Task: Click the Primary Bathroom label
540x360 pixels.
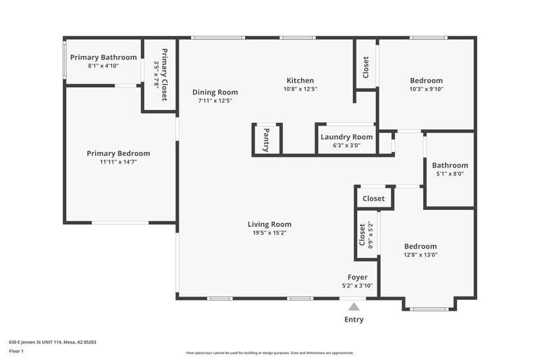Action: click(103, 57)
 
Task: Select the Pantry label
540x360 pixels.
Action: click(267, 140)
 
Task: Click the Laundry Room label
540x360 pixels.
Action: click(346, 137)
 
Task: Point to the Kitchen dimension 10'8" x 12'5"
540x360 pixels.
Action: click(300, 88)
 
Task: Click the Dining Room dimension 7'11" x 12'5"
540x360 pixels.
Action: click(215, 101)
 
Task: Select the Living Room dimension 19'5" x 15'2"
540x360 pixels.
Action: click(269, 233)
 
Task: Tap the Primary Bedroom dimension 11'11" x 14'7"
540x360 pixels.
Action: click(118, 162)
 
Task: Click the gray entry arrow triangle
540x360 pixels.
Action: click(354, 307)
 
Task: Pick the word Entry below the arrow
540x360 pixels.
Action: click(354, 319)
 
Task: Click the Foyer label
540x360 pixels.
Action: click(357, 277)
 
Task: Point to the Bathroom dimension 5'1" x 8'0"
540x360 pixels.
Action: click(450, 174)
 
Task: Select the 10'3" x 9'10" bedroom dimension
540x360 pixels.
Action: click(426, 88)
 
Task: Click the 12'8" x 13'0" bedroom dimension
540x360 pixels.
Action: click(421, 255)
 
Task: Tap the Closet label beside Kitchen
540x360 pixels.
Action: click(366, 67)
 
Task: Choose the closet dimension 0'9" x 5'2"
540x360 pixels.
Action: click(371, 234)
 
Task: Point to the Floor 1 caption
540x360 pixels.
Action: click(16, 351)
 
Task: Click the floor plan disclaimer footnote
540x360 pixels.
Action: click(269, 353)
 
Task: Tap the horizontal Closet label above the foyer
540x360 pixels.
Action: click(374, 199)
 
